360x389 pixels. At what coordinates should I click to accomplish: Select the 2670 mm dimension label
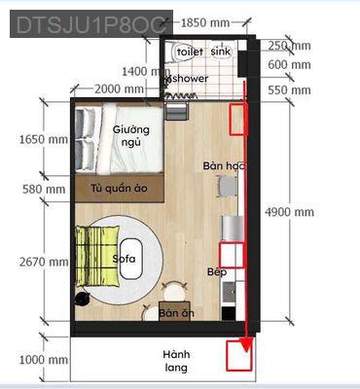point(44,262)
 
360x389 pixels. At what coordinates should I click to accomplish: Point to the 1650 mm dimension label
point(44,139)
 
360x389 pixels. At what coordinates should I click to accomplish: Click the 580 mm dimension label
point(47,190)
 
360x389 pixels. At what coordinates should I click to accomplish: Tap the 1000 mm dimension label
point(44,360)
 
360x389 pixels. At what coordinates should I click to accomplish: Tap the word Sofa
point(124,259)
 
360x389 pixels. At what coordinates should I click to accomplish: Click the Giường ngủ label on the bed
point(131,135)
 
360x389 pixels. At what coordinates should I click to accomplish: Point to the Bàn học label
point(223,167)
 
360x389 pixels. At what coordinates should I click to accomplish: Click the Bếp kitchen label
point(216,273)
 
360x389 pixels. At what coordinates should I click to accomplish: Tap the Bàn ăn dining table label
point(176,313)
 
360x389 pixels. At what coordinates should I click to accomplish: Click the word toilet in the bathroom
point(189,50)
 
